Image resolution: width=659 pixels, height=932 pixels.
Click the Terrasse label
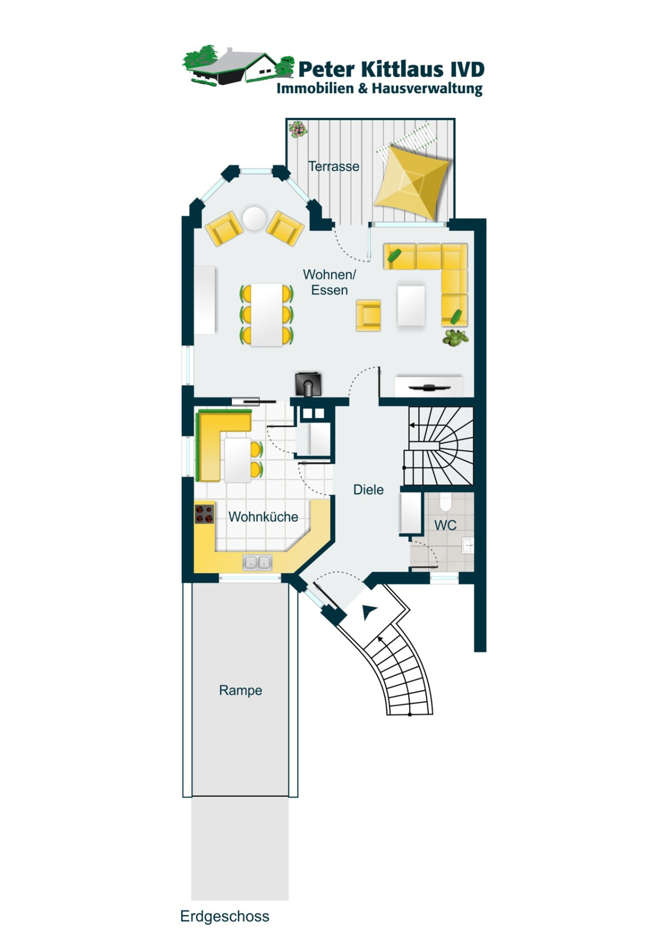(334, 166)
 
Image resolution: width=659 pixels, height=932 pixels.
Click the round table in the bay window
(253, 218)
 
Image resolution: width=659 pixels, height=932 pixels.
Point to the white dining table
(267, 314)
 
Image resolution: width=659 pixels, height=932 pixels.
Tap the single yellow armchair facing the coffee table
(369, 315)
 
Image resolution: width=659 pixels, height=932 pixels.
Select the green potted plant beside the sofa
(455, 338)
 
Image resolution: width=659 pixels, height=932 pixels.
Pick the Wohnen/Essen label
(329, 282)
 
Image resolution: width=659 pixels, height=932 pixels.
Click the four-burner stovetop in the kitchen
(204, 514)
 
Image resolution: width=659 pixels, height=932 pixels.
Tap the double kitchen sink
(257, 562)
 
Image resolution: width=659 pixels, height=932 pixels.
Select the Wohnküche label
(263, 517)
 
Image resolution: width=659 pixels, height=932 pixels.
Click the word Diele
(368, 489)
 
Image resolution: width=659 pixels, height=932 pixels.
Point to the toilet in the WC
(446, 500)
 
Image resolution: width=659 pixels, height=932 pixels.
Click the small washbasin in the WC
(467, 545)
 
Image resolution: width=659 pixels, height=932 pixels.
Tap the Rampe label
(240, 690)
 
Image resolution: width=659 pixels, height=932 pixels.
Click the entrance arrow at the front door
(369, 611)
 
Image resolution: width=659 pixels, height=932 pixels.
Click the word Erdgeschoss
(224, 916)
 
